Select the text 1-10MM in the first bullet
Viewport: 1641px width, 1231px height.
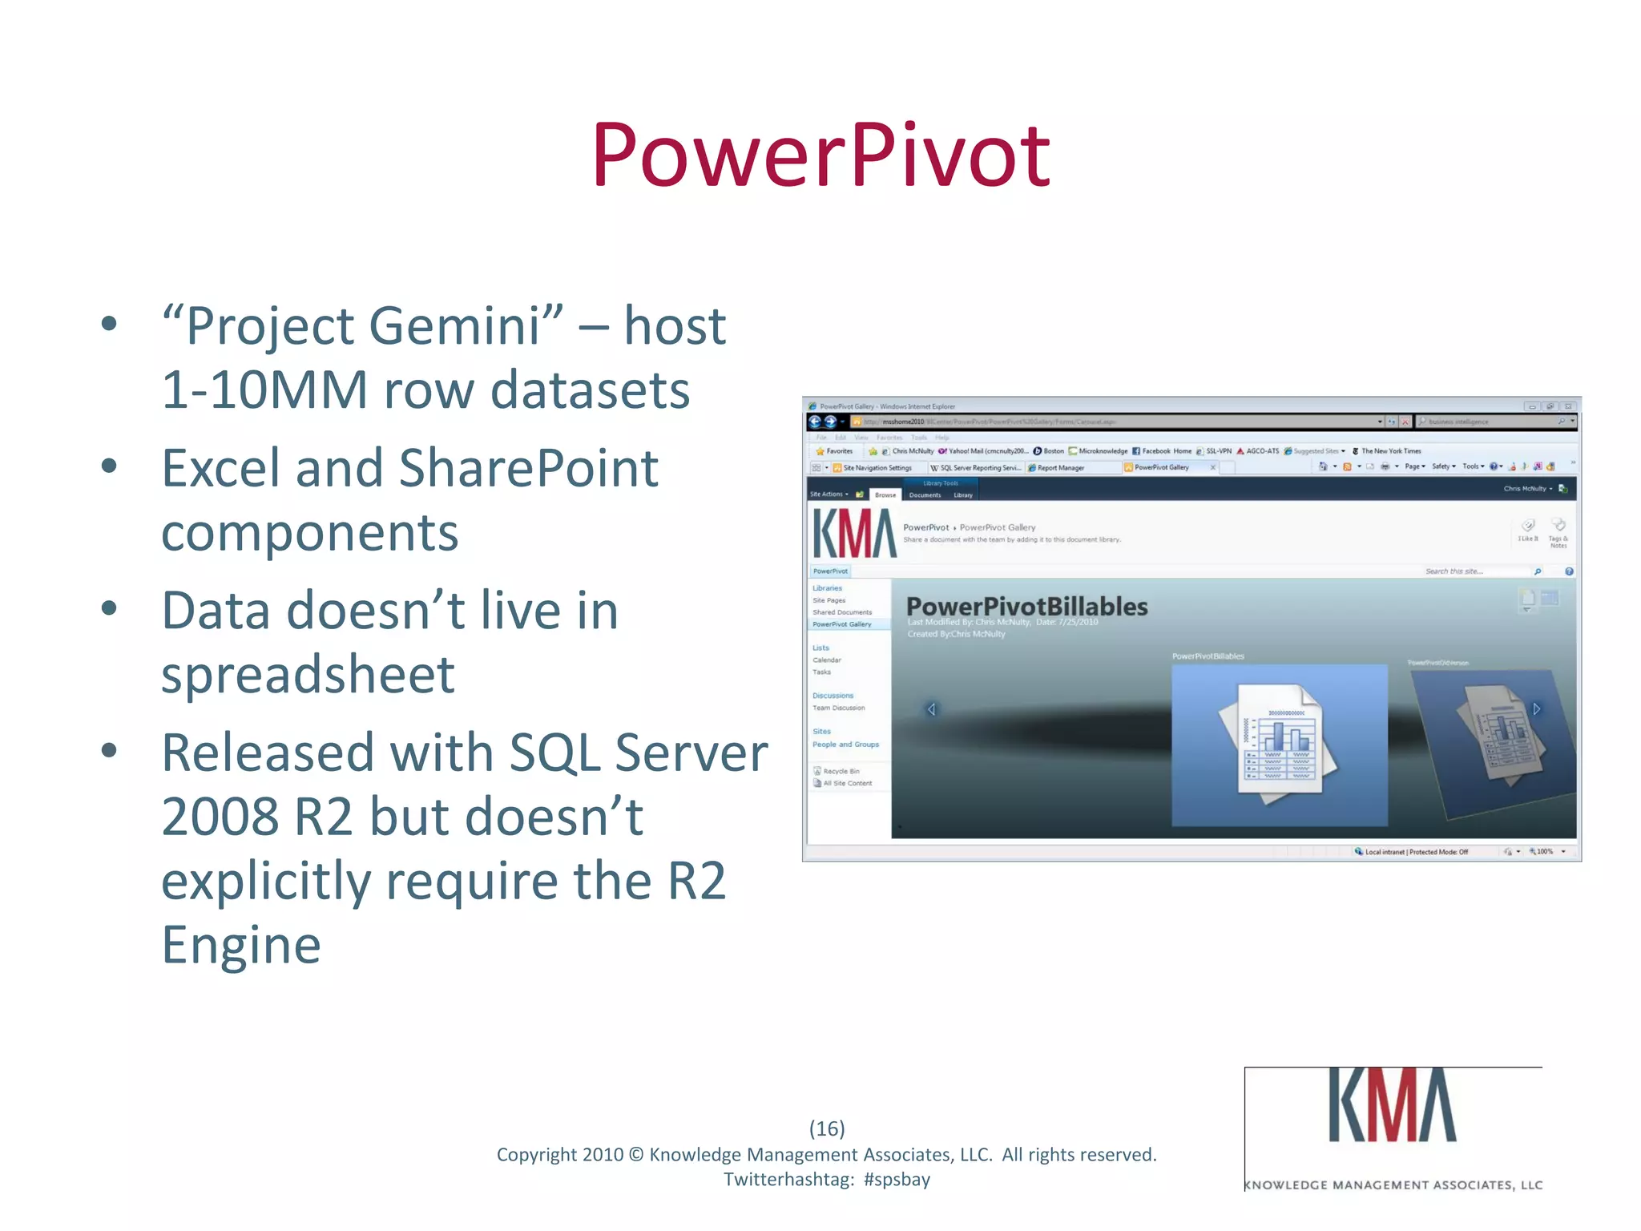click(x=264, y=390)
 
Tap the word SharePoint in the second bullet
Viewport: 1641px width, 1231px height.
click(x=528, y=469)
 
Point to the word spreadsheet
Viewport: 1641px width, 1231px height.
click(x=308, y=675)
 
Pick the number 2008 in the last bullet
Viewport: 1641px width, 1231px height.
click(x=220, y=817)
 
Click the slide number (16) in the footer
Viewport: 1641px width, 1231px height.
click(x=827, y=1128)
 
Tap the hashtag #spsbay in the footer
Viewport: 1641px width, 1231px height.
click(x=897, y=1180)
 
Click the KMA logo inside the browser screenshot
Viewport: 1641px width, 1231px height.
click(x=854, y=534)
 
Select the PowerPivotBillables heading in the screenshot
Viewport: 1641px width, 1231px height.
click(x=1026, y=607)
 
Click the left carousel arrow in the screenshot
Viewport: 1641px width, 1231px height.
click(x=931, y=709)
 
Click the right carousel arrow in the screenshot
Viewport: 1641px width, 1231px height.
click(x=1537, y=708)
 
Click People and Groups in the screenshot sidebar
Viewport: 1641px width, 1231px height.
click(x=845, y=745)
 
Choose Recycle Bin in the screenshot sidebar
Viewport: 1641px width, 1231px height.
click(x=841, y=771)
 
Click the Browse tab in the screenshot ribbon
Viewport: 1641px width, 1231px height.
click(x=885, y=495)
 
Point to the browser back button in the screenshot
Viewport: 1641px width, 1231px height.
click(x=815, y=422)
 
